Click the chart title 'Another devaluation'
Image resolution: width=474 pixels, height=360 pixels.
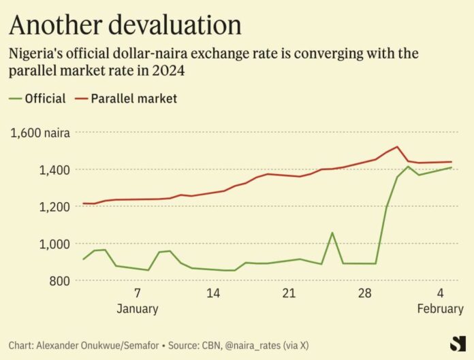pyautogui.click(x=125, y=24)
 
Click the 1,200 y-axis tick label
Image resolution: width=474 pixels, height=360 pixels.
pyautogui.click(x=52, y=207)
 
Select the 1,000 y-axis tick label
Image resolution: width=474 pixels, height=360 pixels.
pyautogui.click(x=52, y=244)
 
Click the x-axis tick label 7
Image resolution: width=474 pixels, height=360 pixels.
pyautogui.click(x=138, y=294)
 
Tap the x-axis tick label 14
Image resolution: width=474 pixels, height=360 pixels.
pyautogui.click(x=213, y=294)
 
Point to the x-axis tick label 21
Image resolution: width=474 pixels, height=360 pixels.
pyautogui.click(x=289, y=294)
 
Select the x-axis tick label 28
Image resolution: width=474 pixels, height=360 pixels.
pyautogui.click(x=365, y=294)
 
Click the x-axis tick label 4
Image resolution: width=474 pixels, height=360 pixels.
pyautogui.click(x=441, y=294)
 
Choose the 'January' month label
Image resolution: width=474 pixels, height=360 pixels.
pyautogui.click(x=138, y=309)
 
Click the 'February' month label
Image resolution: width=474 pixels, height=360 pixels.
pyautogui.click(x=441, y=309)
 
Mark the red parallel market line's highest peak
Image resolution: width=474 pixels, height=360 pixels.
pyautogui.click(x=397, y=147)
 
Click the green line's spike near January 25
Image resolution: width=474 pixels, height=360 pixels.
pyautogui.click(x=332, y=233)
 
